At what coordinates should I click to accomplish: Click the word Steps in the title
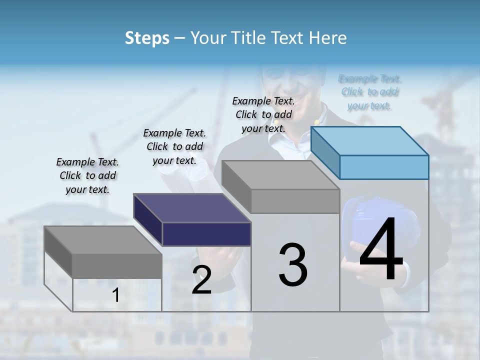point(147,38)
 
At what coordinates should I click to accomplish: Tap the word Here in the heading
point(328,38)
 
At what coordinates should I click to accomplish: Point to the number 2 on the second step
point(201,280)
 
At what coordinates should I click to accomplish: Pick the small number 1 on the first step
point(116,295)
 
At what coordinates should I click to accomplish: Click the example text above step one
point(87,175)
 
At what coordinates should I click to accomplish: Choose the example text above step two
point(174,146)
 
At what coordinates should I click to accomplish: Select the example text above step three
point(263,114)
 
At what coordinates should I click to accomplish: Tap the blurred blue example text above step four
point(370,92)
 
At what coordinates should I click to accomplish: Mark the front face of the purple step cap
point(206,234)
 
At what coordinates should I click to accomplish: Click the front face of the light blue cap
point(384,167)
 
